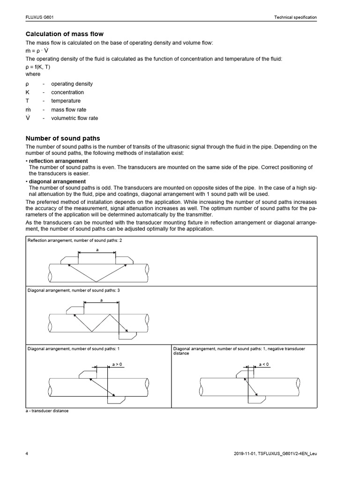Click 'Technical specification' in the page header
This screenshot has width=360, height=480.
[x=295, y=17]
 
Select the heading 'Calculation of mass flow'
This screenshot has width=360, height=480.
[x=64, y=34]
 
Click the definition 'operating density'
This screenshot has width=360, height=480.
[x=72, y=84]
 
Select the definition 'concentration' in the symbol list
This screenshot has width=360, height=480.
[x=67, y=92]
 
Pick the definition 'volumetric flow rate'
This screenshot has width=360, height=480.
[x=75, y=118]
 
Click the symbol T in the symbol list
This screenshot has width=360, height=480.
[x=27, y=101]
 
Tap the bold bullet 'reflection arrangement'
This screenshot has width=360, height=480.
[x=58, y=161]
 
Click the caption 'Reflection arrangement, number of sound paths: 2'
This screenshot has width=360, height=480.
[x=75, y=240]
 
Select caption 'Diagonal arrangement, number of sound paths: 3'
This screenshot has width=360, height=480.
[x=74, y=291]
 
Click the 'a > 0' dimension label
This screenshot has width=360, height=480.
[x=117, y=364]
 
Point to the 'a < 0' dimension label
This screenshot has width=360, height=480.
[x=264, y=364]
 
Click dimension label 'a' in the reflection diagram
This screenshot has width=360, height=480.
[x=97, y=250]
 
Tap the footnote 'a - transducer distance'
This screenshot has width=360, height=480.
[x=47, y=411]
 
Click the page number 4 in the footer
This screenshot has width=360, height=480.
[x=27, y=454]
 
